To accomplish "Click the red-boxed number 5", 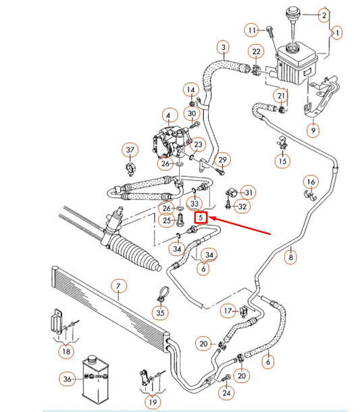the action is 201,217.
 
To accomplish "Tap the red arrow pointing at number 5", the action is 239,225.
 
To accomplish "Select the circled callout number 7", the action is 119,286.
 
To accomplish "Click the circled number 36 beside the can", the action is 68,379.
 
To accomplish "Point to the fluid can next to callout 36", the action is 95,379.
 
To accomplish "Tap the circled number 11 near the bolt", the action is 252,30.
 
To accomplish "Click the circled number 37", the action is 130,150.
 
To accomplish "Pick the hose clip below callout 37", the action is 130,169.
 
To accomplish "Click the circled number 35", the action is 160,313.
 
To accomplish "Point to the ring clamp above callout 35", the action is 163,294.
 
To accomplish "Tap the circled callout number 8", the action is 290,257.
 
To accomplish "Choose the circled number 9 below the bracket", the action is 313,130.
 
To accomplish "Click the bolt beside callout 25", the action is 180,220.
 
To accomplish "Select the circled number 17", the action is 228,311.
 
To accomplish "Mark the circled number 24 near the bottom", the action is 226,393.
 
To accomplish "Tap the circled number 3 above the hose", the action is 224,47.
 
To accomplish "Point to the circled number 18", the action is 66,351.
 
